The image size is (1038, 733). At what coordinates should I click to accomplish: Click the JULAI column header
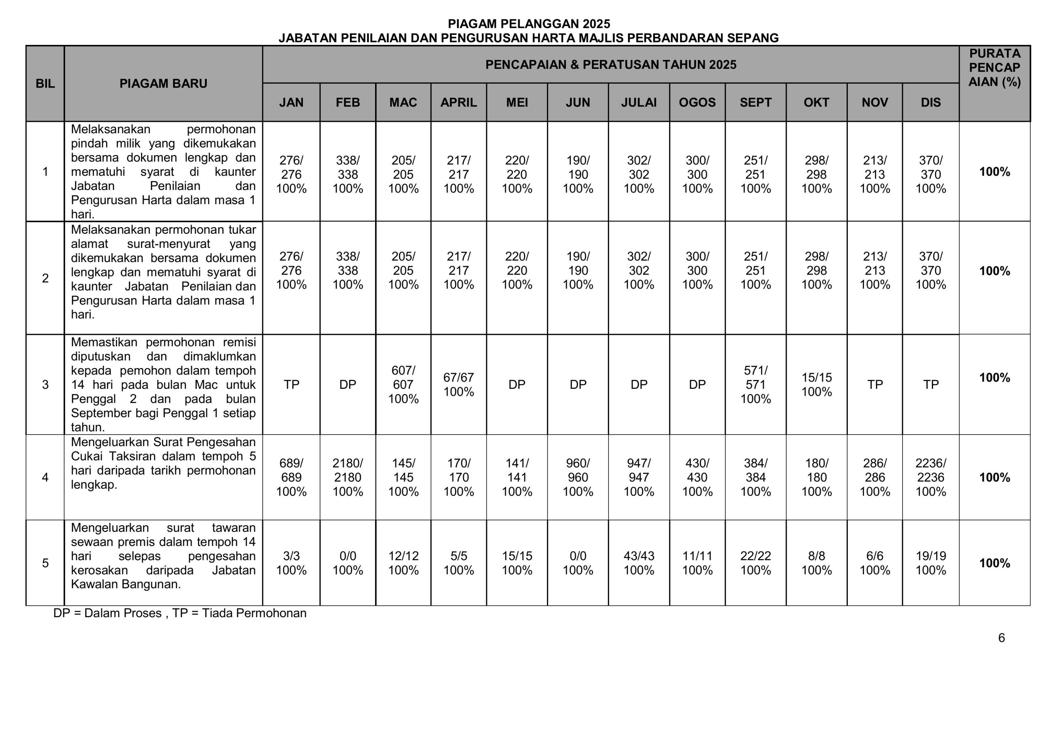click(x=638, y=102)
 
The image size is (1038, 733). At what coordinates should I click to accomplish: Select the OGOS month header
click(x=697, y=102)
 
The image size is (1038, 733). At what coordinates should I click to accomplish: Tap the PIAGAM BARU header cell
click(x=163, y=83)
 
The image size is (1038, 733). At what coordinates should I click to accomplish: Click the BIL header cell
click(x=45, y=83)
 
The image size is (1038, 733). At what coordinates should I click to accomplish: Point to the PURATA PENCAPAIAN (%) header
click(x=994, y=68)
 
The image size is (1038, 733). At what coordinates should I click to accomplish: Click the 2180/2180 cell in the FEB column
click(x=347, y=477)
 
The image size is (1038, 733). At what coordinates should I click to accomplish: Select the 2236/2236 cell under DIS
click(x=931, y=477)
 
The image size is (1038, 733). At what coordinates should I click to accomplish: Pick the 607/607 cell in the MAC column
click(x=403, y=384)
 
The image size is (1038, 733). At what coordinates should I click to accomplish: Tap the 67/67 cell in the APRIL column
click(x=459, y=384)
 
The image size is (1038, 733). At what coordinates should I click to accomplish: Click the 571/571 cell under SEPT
click(x=755, y=384)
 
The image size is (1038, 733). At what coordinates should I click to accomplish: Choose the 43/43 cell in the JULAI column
click(x=638, y=563)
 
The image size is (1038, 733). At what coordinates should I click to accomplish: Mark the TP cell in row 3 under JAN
click(x=291, y=384)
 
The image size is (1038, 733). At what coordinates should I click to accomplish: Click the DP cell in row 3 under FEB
click(x=347, y=384)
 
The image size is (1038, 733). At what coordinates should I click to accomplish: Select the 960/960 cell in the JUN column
click(x=578, y=477)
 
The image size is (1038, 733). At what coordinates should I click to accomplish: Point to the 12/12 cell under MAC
click(x=403, y=563)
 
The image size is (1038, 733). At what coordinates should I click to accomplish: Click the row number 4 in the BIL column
click(x=45, y=477)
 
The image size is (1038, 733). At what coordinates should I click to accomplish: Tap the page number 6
click(x=1002, y=638)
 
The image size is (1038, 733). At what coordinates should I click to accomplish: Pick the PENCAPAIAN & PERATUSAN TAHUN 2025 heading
click(x=610, y=64)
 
